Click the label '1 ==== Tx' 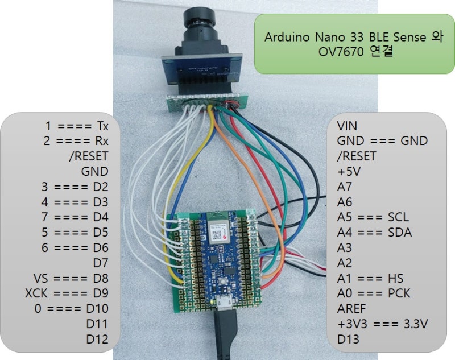click(x=77, y=125)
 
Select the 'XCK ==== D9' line click(x=67, y=293)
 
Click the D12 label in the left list click(x=97, y=339)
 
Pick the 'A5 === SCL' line click(x=372, y=217)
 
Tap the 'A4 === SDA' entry click(x=374, y=233)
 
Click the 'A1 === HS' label click(x=369, y=279)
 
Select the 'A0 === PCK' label click(x=373, y=293)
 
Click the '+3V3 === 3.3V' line click(x=382, y=324)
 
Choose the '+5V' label click(x=348, y=171)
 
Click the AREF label click(x=351, y=309)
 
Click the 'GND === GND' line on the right click(x=382, y=140)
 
